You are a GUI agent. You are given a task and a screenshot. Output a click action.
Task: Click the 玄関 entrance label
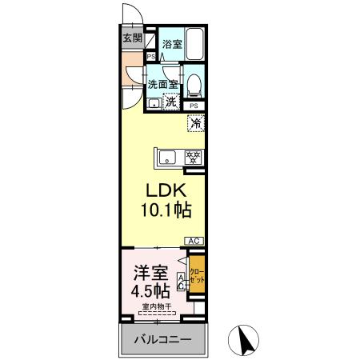click(132, 38)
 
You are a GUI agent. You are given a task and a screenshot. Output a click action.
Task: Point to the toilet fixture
click(194, 82)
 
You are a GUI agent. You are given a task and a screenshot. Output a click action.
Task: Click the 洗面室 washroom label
click(162, 83)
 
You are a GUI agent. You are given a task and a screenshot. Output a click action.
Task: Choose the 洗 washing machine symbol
click(171, 101)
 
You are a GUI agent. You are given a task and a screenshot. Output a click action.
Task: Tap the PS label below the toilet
click(194, 106)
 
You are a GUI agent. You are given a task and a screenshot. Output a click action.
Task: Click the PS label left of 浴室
click(151, 56)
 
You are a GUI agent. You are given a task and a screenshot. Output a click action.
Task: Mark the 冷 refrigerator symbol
click(195, 123)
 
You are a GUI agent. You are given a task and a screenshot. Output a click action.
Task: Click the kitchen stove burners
click(192, 157)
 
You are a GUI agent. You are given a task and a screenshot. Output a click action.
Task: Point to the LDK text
click(166, 192)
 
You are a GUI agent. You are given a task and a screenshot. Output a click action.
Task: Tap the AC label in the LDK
click(194, 241)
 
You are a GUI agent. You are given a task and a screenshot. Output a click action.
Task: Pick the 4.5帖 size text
click(150, 289)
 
